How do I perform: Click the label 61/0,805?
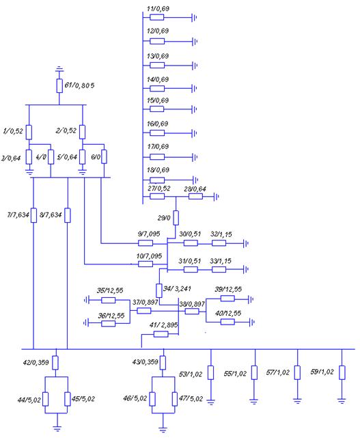point(79,85)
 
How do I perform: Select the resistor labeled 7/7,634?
point(33,215)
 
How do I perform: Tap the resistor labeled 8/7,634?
point(68,215)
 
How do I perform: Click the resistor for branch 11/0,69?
point(157,17)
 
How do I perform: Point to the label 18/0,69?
point(158,170)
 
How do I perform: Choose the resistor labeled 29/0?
point(176,218)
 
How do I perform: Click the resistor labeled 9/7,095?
point(146,243)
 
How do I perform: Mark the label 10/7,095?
point(150,256)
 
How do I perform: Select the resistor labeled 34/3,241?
point(159,290)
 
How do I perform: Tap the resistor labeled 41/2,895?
point(161,334)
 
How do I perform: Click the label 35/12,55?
point(110,290)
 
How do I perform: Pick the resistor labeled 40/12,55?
point(227,322)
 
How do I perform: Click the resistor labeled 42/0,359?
point(55,363)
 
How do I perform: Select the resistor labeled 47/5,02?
point(175,399)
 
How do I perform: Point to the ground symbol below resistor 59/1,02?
point(342,400)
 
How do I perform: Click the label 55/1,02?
point(235,374)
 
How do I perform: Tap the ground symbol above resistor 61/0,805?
point(59,69)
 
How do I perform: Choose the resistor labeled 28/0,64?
point(195,196)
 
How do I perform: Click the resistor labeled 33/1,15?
point(219,269)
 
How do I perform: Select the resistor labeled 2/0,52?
point(82,132)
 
